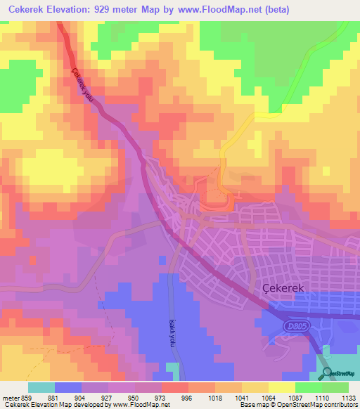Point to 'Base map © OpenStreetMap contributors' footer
click(x=297, y=405)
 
